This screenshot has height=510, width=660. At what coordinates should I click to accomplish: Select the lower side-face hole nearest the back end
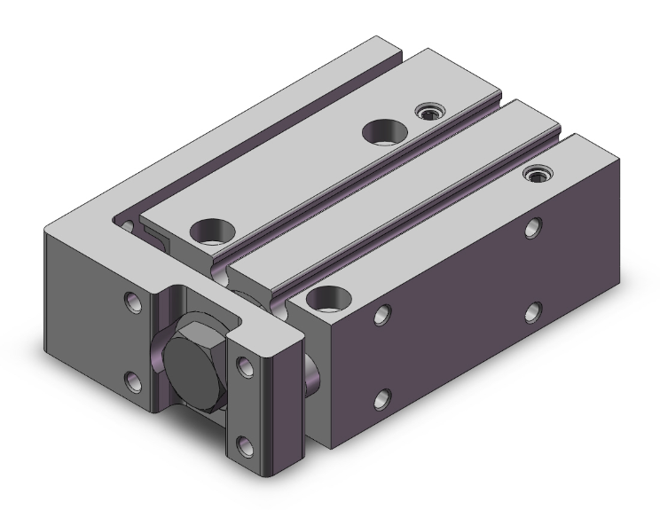(533, 311)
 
